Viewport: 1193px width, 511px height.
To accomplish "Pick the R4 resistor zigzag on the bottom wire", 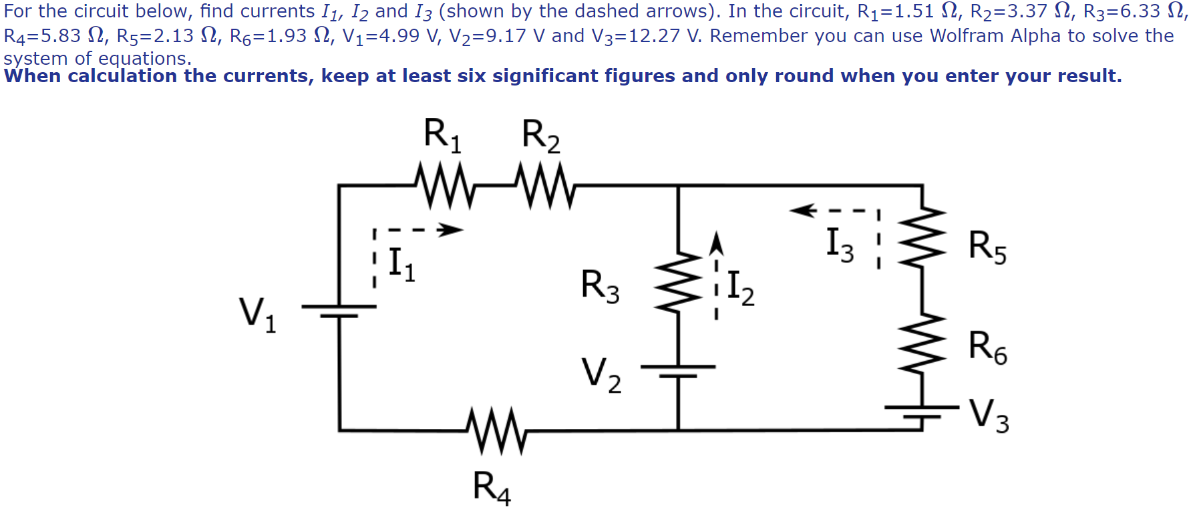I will point(496,431).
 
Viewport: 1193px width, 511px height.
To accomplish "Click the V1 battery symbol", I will point(339,311).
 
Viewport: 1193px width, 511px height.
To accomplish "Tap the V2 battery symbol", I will point(678,371).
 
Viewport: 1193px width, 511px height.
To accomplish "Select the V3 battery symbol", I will point(922,410).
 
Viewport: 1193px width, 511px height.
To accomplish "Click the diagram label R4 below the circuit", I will point(492,486).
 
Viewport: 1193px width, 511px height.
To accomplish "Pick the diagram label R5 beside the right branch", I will point(987,247).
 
